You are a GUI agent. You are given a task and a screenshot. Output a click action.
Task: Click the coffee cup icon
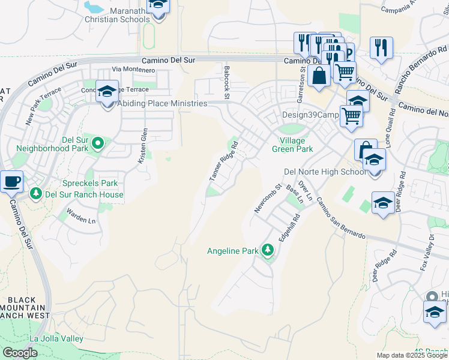[11, 181]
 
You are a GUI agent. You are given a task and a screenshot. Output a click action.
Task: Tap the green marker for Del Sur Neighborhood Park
[99, 143]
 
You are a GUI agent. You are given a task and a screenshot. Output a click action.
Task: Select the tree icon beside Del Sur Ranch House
[36, 194]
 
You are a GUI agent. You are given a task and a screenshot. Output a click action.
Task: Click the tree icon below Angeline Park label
[268, 250]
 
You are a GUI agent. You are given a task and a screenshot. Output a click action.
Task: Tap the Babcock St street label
[227, 82]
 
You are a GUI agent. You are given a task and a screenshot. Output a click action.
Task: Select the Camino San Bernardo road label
[340, 218]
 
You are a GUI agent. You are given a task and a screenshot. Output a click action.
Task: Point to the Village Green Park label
[292, 144]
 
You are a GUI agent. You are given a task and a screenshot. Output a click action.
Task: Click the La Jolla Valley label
[56, 339]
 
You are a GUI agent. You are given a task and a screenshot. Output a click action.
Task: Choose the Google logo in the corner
[20, 353]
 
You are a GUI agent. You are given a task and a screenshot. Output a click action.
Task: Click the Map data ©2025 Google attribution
[412, 355]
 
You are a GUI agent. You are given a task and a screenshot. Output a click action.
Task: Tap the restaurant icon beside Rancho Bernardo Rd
[381, 47]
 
